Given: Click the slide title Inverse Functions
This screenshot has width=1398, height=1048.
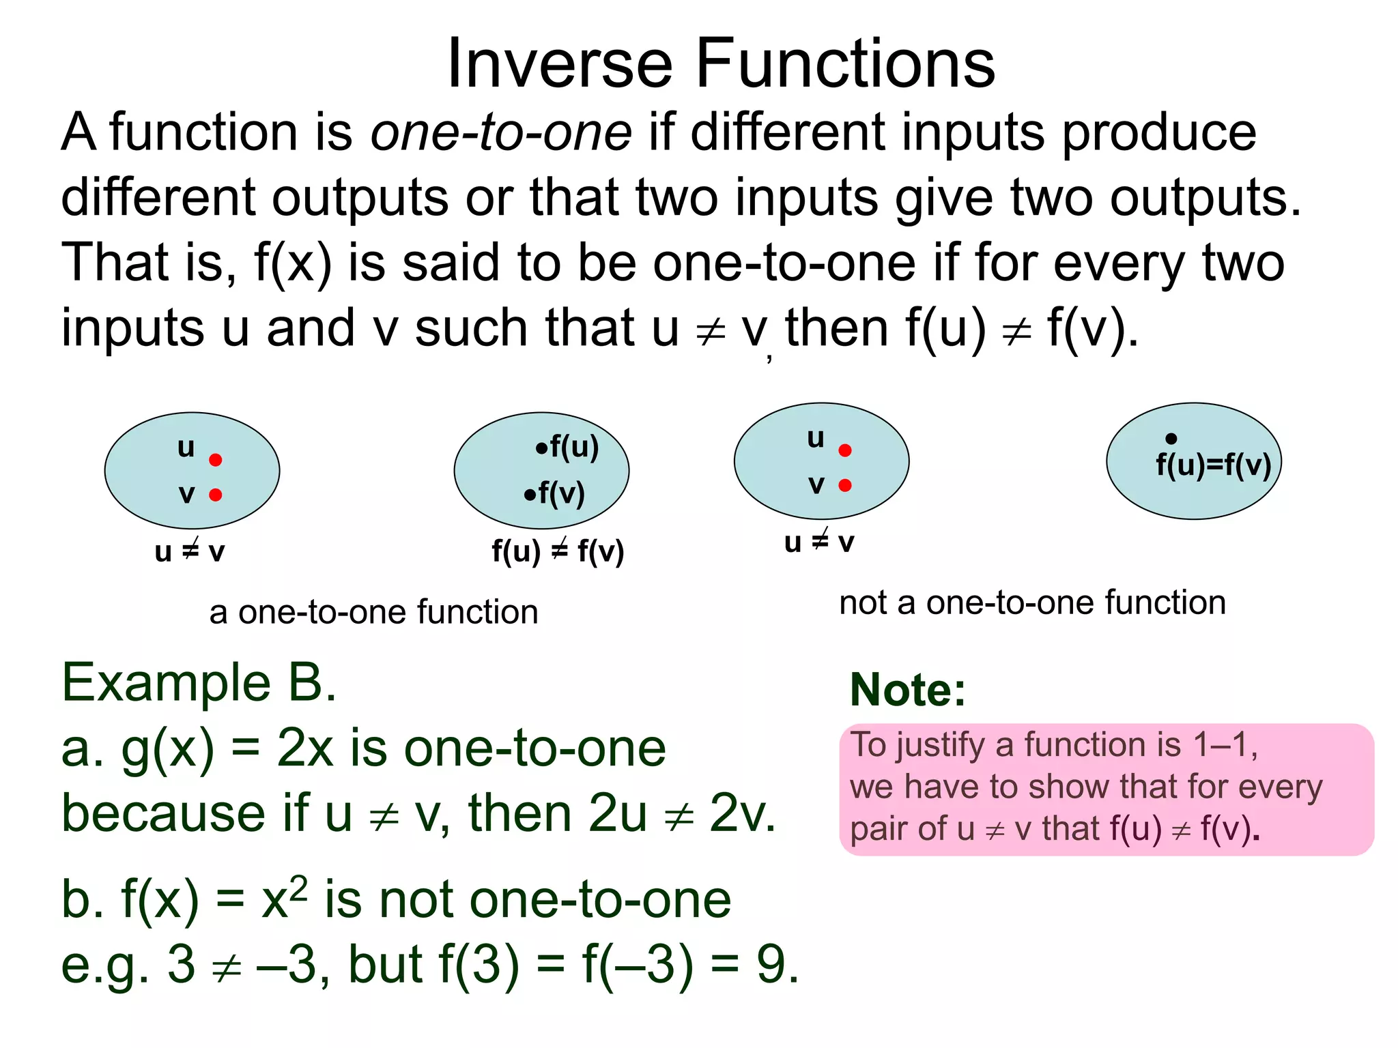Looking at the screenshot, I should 721,63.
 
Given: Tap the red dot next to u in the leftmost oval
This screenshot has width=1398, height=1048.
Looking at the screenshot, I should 216,460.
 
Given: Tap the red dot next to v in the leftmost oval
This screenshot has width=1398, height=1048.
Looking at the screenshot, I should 216,495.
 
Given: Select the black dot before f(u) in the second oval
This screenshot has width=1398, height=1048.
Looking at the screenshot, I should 541,448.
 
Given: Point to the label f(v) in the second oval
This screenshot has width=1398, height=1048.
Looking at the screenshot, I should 561,493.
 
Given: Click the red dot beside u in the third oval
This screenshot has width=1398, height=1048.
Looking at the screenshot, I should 845,450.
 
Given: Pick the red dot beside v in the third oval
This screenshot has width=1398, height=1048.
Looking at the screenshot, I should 845,485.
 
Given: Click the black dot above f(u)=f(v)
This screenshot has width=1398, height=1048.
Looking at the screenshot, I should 1171,439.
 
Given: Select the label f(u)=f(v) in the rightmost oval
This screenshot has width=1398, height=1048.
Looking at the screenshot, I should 1213,465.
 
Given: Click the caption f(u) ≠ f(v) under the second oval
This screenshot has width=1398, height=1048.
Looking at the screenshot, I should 558,551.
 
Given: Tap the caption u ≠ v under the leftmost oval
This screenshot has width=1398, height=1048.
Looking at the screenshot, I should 190,551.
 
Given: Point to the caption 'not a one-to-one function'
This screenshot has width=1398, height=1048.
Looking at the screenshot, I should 1032,603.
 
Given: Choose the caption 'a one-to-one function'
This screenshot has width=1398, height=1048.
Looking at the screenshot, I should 373,612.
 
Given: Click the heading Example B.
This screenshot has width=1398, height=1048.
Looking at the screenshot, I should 199,682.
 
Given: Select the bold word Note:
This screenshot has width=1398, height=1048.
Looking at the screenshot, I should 908,690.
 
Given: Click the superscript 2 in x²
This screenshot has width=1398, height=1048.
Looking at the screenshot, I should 298,889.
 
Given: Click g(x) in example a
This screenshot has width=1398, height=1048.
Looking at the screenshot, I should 167,749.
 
